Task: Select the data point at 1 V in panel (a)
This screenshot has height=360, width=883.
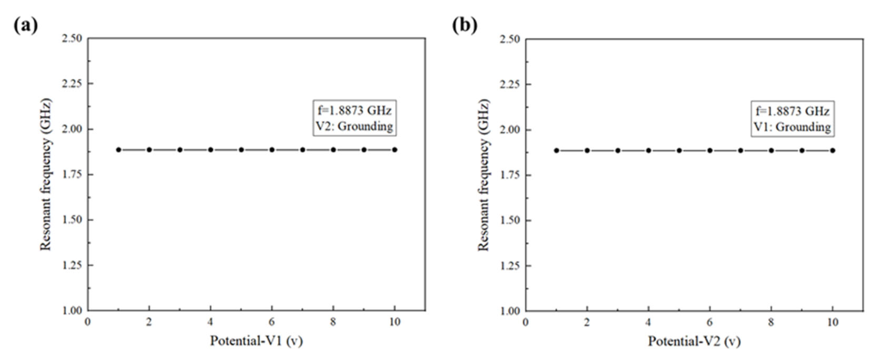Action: [119, 150]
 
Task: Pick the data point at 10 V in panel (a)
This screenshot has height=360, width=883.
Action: [394, 150]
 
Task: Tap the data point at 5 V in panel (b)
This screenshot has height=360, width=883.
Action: [679, 151]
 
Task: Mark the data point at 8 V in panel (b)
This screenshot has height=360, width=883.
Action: [771, 151]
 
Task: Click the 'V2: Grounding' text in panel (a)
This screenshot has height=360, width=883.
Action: [354, 127]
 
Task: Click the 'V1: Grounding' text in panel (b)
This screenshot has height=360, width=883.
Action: [792, 127]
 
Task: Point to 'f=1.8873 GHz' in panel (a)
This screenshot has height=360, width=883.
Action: [354, 110]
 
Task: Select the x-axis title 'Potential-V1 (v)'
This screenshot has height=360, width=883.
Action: [256, 341]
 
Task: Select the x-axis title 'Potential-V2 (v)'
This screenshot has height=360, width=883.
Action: [694, 342]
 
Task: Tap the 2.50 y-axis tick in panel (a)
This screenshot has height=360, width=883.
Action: [72, 38]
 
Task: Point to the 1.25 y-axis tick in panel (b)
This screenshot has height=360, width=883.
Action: [510, 266]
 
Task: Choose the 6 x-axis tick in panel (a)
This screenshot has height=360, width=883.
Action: [272, 322]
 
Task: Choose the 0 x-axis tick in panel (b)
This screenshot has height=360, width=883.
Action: [525, 323]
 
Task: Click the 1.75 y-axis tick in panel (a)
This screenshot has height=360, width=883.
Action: [72, 174]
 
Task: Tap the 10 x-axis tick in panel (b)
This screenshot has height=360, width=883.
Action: [833, 323]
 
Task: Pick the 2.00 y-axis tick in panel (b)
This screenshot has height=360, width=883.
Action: [510, 130]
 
